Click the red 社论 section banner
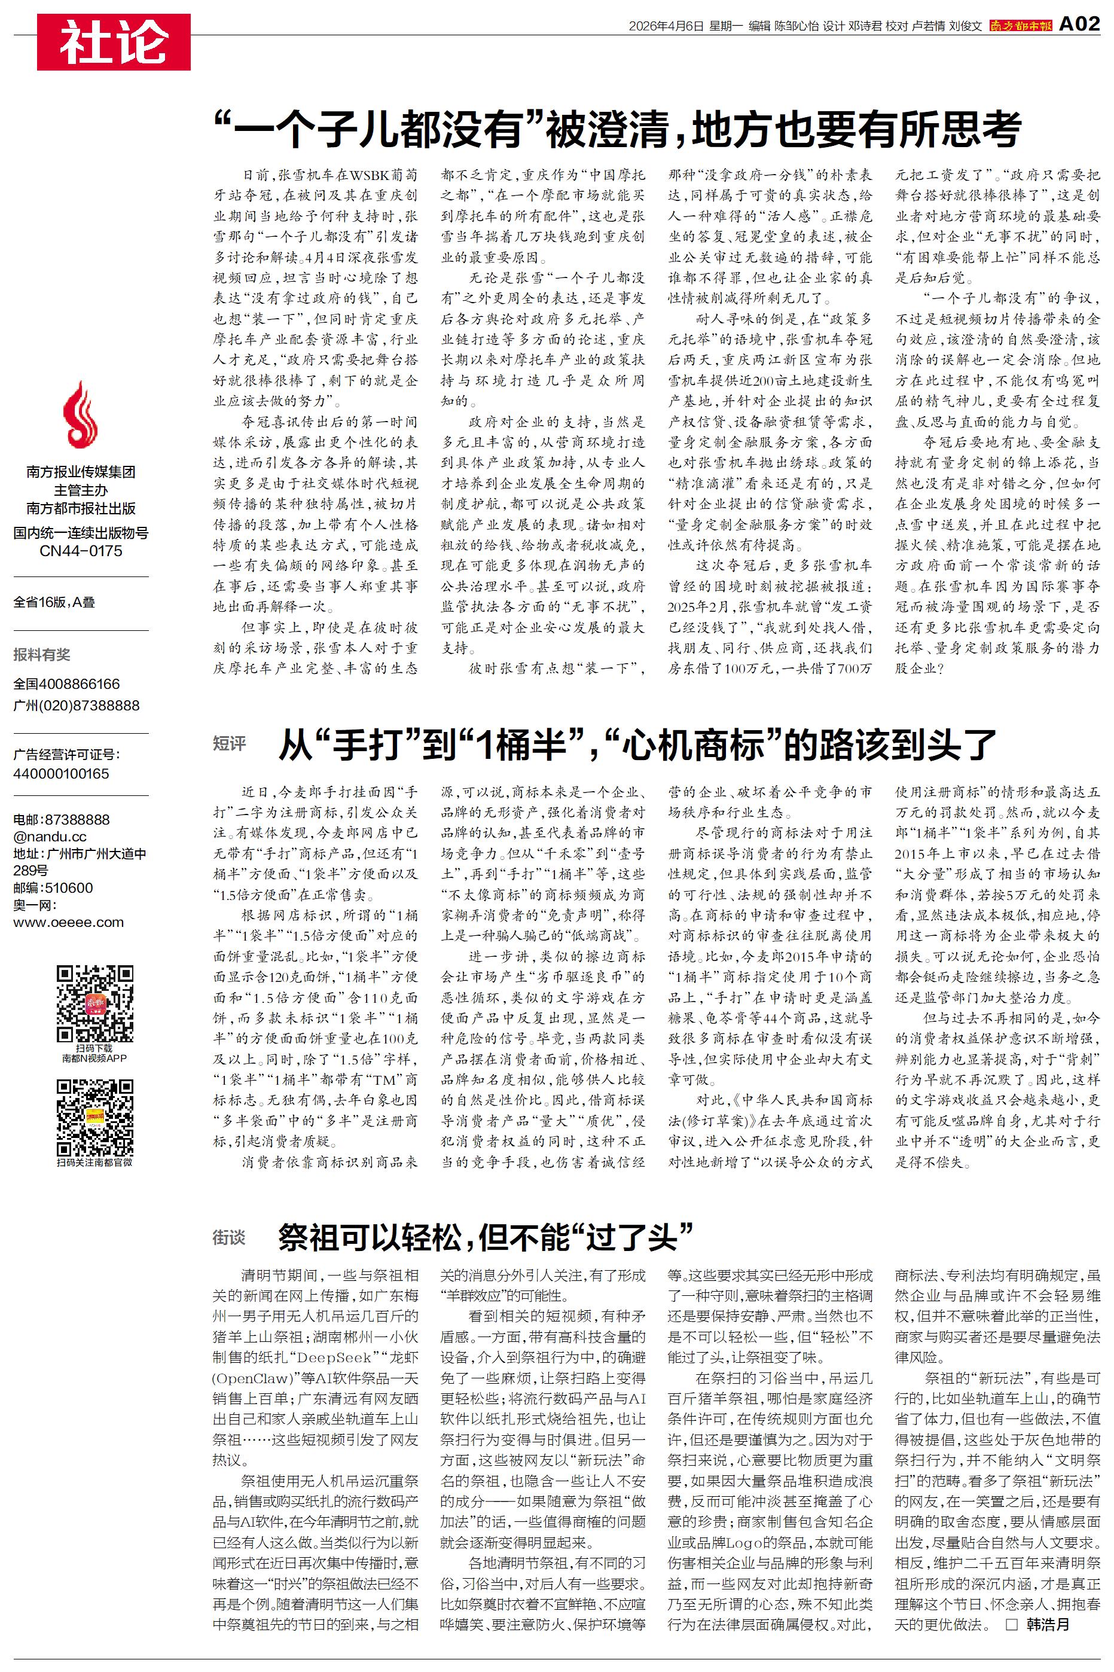tap(114, 42)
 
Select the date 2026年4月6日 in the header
tap(666, 26)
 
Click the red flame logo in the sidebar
tap(80, 415)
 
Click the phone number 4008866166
tap(80, 684)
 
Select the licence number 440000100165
tap(61, 773)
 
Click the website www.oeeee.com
tap(68, 923)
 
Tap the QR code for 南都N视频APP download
tap(95, 1003)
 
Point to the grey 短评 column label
tap(229, 744)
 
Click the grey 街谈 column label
tap(229, 1238)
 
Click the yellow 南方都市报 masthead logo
tap(1020, 26)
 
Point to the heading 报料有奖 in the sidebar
tap(42, 655)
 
